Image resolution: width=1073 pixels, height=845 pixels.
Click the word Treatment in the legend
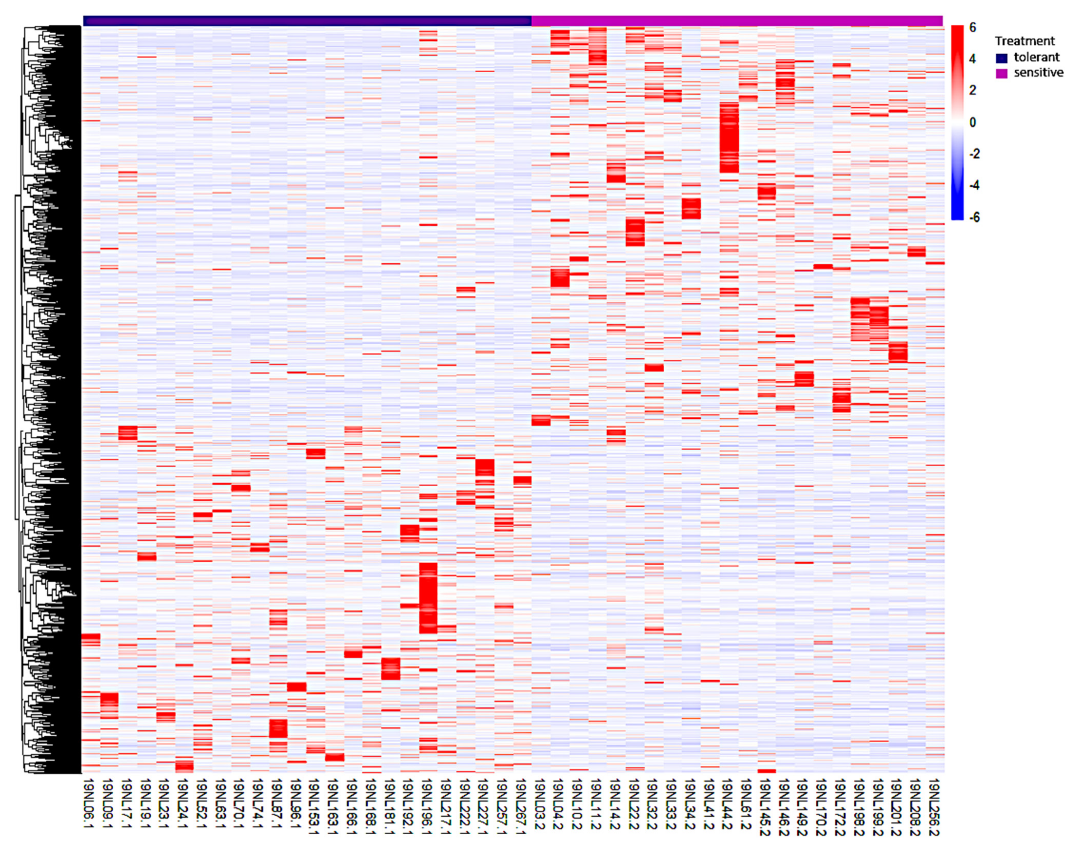click(1024, 41)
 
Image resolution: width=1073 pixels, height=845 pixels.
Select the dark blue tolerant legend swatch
click(1001, 58)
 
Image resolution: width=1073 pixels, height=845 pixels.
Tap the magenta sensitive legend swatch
click(1001, 73)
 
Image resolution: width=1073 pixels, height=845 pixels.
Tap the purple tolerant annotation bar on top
click(307, 21)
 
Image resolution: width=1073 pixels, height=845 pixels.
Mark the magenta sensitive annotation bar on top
click(737, 21)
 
